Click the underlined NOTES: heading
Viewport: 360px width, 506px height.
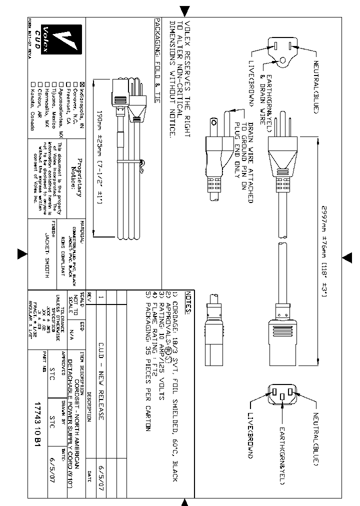pyautogui.click(x=188, y=303)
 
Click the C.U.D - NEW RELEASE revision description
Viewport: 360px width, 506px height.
pyautogui.click(x=101, y=370)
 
